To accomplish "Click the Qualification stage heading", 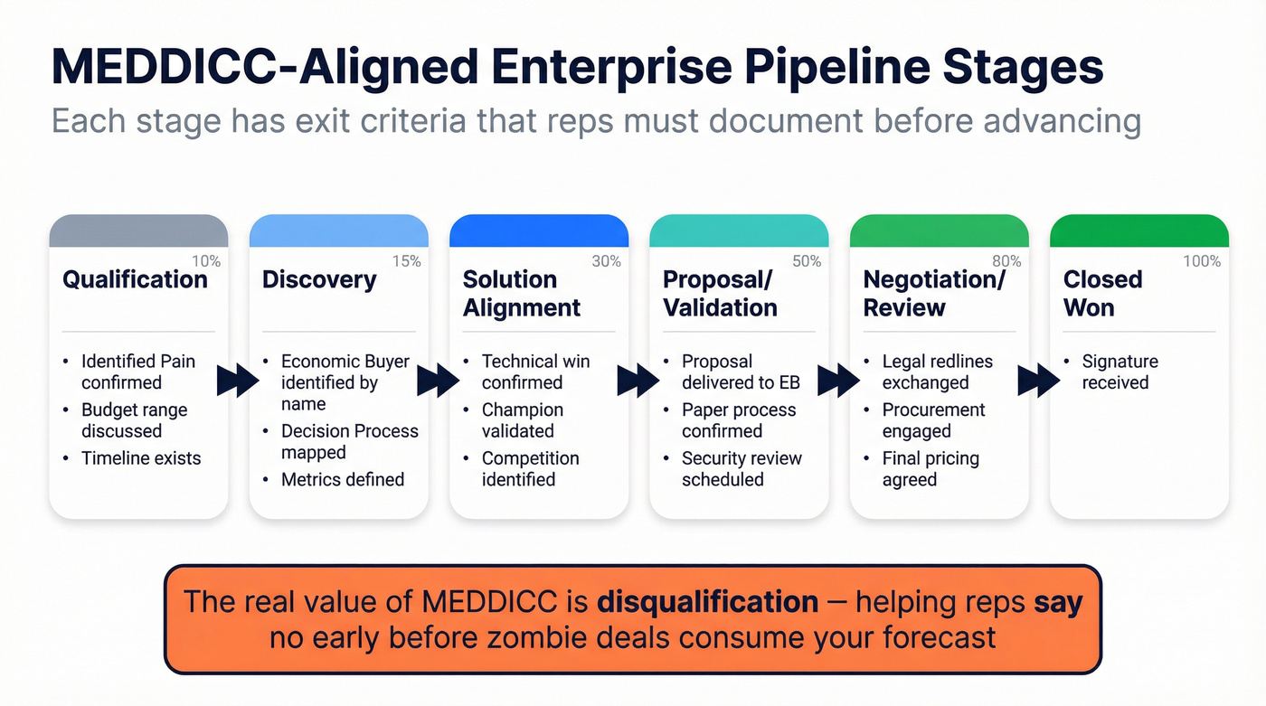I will (135, 279).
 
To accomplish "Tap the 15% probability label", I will (407, 261).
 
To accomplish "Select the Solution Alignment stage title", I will (522, 293).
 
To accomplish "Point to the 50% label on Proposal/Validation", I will (807, 261).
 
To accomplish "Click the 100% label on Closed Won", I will (1202, 261).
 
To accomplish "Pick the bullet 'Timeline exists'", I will (141, 458).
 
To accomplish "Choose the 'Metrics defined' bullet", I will (343, 479).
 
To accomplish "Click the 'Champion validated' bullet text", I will (523, 420).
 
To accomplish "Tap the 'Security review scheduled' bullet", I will (742, 468).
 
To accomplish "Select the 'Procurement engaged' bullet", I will (934, 420).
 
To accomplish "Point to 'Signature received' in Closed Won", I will (1120, 372).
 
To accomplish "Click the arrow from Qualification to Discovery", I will (238, 381).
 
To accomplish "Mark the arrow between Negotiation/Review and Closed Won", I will (1038, 381).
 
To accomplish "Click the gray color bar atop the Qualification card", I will (138, 231).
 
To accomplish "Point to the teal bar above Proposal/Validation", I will (739, 231).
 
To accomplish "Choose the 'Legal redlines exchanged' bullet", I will (938, 372).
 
